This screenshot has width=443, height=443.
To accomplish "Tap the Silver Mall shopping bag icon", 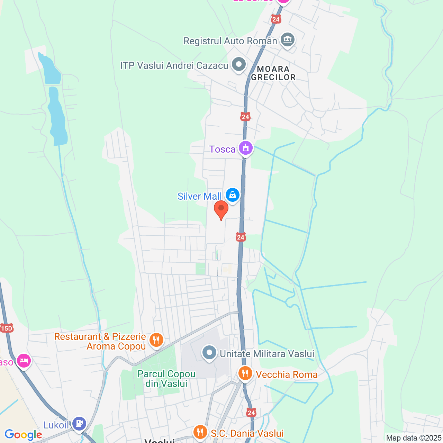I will (x=233, y=195).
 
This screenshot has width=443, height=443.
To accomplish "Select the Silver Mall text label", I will (x=199, y=196).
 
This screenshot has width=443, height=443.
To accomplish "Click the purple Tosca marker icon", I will (x=245, y=148).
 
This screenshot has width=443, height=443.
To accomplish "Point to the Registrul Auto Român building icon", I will (x=287, y=40).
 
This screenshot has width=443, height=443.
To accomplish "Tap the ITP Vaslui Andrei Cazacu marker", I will (x=238, y=64).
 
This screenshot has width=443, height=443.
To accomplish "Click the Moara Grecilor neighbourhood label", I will (x=273, y=73).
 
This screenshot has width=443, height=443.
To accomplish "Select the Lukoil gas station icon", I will (x=79, y=423).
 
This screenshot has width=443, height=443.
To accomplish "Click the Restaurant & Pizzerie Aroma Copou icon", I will (x=156, y=340).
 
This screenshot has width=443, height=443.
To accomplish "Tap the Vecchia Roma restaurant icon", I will (x=245, y=373).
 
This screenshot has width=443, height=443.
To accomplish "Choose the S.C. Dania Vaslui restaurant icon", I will (x=200, y=432).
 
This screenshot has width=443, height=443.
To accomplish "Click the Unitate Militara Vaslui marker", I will (x=209, y=353).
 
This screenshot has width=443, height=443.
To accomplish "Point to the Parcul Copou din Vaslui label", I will (x=166, y=379).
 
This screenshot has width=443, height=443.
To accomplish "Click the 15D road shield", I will (x=7, y=328).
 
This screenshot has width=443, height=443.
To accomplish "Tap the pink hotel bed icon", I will (x=24, y=361).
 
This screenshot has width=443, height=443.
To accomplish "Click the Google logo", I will (x=23, y=435).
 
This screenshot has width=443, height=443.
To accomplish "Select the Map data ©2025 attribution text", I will (x=414, y=438).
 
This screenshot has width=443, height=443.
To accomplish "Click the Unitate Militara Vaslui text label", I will (x=267, y=354).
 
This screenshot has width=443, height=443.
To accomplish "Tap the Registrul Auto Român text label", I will (x=230, y=41).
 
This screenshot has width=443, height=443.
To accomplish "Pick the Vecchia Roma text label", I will (x=287, y=374).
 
